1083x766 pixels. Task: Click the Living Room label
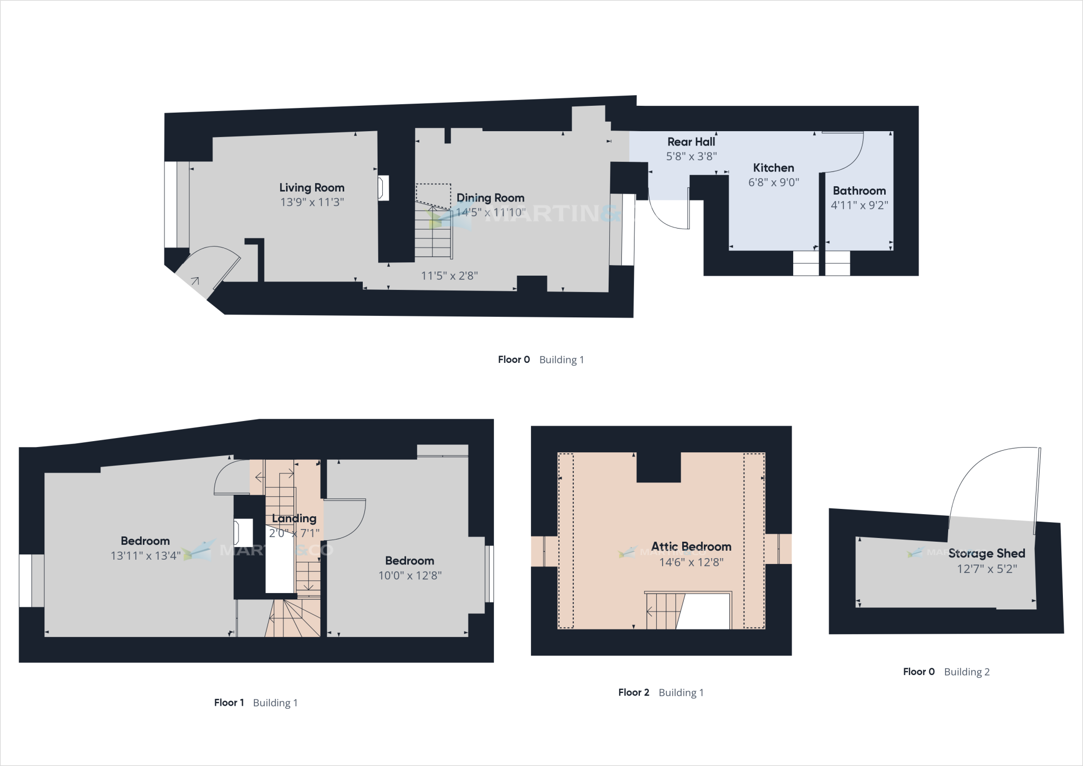[311, 188]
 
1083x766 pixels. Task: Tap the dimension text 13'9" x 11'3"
[312, 202]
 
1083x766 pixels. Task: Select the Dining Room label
[490, 198]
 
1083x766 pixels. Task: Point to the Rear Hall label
[691, 142]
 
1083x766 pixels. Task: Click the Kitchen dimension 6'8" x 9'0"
[773, 183]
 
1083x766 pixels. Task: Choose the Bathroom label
[859, 191]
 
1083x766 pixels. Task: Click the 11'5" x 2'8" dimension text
[449, 276]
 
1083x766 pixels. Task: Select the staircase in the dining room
[434, 233]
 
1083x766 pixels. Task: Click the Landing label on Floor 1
[294, 518]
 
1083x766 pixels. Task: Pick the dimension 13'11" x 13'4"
[145, 555]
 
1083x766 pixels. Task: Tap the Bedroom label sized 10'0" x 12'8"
[409, 561]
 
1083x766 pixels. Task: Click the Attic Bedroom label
[691, 546]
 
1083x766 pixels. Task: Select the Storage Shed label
[986, 553]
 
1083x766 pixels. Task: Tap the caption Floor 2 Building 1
[660, 692]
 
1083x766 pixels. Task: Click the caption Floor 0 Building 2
[946, 672]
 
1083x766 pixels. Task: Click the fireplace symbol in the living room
[383, 188]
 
